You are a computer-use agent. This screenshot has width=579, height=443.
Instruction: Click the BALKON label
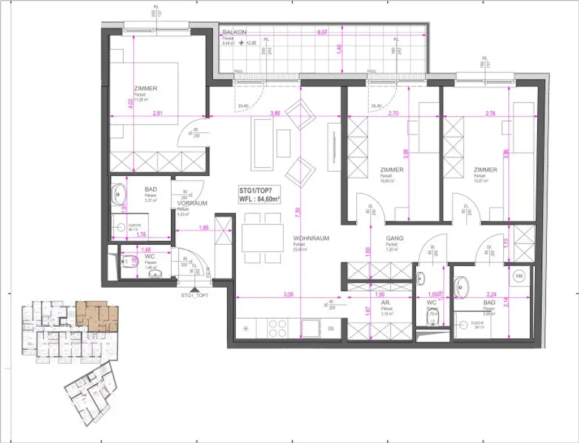coord(233,33)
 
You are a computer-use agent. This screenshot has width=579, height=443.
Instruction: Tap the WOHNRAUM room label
coord(311,238)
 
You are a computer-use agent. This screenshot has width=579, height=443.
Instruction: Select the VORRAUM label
coord(192,203)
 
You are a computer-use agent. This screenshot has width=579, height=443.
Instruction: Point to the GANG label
coord(394,238)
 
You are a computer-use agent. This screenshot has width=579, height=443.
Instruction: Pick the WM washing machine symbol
coord(520,277)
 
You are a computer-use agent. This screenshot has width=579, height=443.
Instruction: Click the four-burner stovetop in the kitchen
coord(277,328)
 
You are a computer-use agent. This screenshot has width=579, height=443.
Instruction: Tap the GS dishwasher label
coord(331,328)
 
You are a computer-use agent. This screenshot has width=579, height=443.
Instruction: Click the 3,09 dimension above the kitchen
coord(288,294)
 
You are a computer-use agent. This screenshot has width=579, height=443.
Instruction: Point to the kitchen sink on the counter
coord(310,328)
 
